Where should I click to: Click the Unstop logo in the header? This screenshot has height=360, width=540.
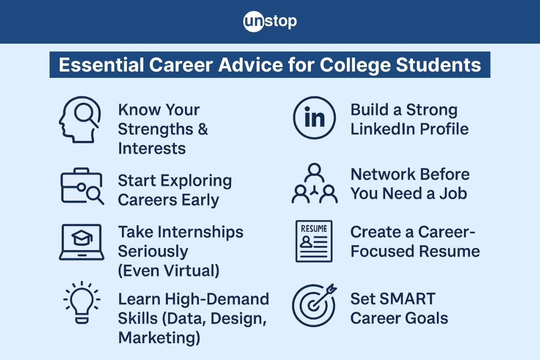[x=270, y=22]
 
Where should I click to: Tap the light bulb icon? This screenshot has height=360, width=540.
[x=81, y=301]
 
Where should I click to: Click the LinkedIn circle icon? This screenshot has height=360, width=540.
[x=314, y=118]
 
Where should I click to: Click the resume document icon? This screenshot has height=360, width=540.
[x=314, y=241]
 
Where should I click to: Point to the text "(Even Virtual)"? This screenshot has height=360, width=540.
[x=169, y=271]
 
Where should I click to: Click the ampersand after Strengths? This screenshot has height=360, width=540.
[x=202, y=130]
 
